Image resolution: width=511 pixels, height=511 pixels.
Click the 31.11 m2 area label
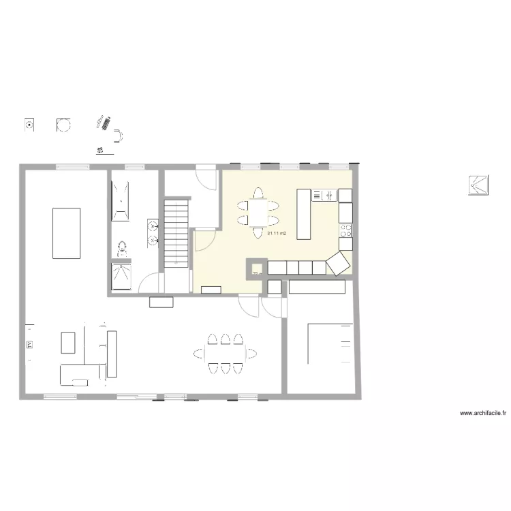coord(276,234)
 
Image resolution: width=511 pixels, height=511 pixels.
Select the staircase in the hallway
coord(176,231)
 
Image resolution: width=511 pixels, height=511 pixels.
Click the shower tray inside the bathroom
coord(122,277)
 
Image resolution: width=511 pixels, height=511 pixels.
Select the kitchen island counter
coord(304,214)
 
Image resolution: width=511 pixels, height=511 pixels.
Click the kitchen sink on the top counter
coord(324,196)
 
